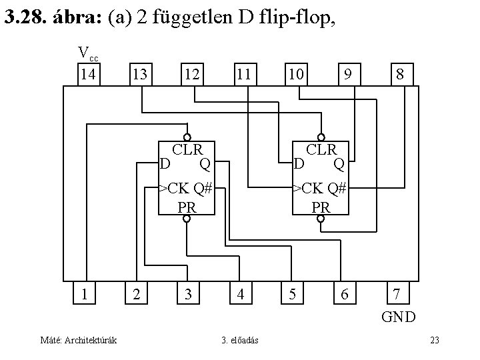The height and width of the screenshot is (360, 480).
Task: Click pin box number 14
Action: (88, 74)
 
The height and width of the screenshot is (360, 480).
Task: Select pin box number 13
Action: (140, 74)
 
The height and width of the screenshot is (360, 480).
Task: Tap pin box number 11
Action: (243, 74)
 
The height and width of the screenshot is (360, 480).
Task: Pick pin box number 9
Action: (347, 74)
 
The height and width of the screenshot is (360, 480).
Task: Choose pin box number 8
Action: (399, 74)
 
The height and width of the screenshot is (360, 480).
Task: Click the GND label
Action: (399, 316)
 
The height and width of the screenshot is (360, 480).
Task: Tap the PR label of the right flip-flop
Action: (321, 207)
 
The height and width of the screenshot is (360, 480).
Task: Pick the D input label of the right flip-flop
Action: (299, 163)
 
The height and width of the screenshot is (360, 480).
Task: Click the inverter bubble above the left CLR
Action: (187, 131)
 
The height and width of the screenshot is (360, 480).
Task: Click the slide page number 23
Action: (434, 341)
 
